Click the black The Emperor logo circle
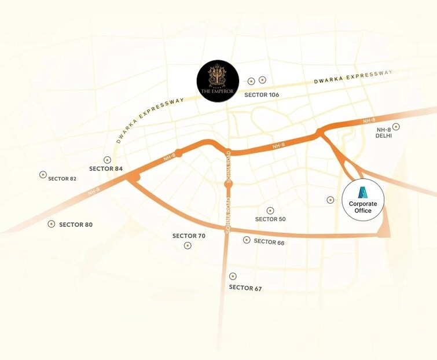point(216,82)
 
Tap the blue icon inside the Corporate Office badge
point(363,193)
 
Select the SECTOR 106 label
point(262,94)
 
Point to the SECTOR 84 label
point(107,168)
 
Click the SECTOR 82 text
point(62,178)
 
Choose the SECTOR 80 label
point(75,224)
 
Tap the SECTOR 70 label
point(189,236)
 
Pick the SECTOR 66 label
point(269,242)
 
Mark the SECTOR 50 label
point(270,219)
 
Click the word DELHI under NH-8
point(384,135)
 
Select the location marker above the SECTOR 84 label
point(107,160)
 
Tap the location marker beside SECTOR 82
point(43,174)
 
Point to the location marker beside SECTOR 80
point(52,223)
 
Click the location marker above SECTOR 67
point(233,276)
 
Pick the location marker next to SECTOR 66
point(247,240)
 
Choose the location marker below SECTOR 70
point(188,246)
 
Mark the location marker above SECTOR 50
point(270,211)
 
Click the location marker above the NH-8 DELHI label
point(396,126)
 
